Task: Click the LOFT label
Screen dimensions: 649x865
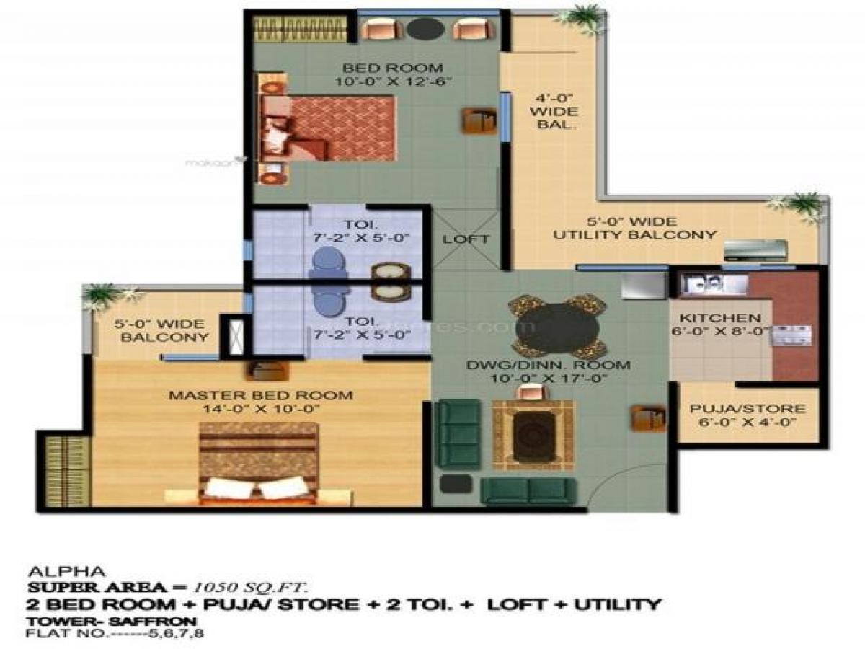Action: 466,239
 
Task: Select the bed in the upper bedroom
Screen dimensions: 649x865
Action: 328,128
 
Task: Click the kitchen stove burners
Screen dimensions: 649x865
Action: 793,334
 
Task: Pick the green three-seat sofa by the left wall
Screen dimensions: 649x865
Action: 460,433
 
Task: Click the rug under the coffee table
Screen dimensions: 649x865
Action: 533,434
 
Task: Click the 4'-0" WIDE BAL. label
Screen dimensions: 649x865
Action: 554,112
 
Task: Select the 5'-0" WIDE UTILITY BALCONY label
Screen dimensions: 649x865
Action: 634,228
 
